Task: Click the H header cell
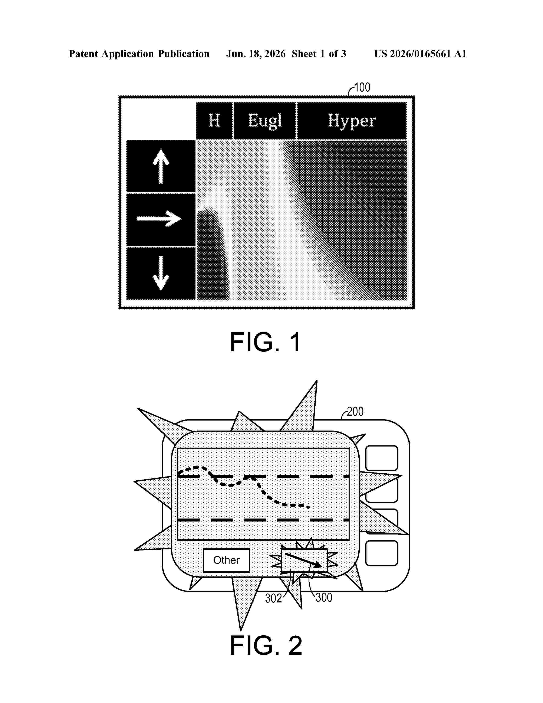[214, 121]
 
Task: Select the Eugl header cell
[265, 121]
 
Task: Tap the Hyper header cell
[352, 121]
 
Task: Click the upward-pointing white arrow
[161, 167]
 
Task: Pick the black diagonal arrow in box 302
[303, 560]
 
